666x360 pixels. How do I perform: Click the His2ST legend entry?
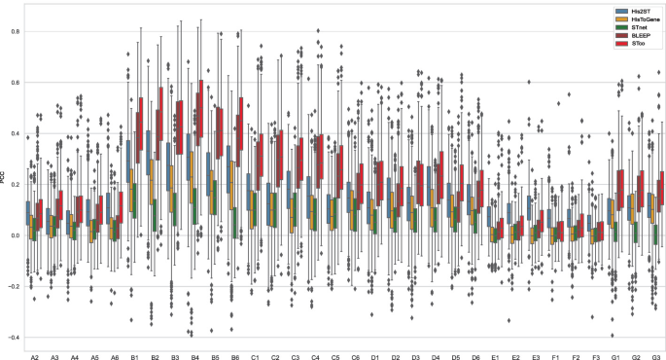(631, 13)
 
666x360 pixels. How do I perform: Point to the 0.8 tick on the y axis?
(14, 32)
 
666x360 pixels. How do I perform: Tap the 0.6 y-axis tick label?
(14, 83)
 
